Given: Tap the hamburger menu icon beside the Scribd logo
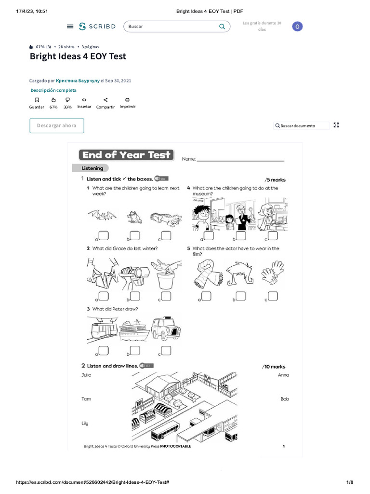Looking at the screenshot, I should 70,27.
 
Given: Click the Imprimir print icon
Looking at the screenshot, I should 127,99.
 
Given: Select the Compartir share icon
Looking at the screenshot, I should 106,99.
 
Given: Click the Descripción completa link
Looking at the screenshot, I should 53,90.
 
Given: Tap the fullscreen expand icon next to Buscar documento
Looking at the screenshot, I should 337,125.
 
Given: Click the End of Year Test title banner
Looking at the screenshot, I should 126,155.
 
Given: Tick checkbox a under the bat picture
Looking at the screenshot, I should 104,235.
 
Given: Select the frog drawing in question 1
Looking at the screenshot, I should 134,217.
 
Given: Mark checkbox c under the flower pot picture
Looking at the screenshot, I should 166,295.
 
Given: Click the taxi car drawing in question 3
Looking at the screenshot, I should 165,329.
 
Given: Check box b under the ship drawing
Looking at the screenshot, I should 135,350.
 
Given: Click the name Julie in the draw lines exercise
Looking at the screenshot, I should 86,375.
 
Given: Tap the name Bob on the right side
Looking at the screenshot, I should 285,399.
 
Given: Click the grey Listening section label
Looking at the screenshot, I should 92,168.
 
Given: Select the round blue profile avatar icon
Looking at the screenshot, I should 298,27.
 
